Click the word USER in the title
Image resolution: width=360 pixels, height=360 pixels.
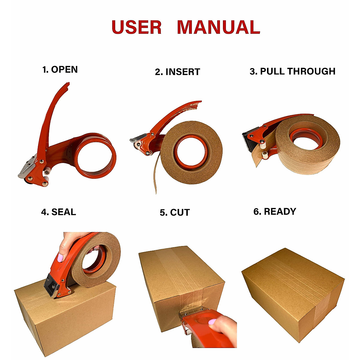click(136, 27)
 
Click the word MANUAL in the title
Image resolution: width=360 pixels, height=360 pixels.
click(218, 27)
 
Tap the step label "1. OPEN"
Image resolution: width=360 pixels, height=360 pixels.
click(60, 70)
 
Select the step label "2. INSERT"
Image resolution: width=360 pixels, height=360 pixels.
click(177, 72)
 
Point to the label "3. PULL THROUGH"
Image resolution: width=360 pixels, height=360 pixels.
click(292, 71)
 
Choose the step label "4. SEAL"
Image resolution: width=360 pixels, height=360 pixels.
click(58, 212)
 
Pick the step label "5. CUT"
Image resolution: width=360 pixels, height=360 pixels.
click(175, 213)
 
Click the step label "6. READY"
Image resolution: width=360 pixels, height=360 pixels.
click(275, 211)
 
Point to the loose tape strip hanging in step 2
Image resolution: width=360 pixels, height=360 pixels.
click(154, 177)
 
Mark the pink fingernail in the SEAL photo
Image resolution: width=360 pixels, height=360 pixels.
click(61, 257)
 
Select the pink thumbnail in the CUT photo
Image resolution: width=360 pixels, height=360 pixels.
click(213, 322)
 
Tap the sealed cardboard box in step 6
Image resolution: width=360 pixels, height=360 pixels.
click(292, 292)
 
